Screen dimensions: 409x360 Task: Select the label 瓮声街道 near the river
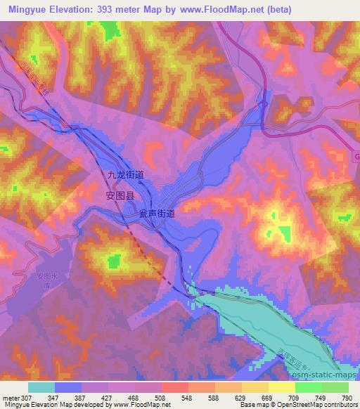pos(157,212)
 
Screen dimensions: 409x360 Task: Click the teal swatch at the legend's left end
pos(41,388)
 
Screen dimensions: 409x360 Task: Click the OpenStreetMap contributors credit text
pos(316,405)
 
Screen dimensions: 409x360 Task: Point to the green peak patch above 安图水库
pos(113,262)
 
